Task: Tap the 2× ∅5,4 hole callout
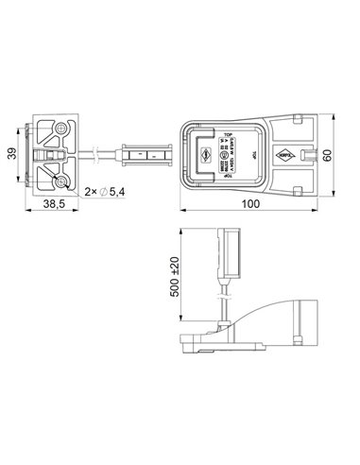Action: pyautogui.click(x=105, y=193)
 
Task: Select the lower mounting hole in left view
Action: pyautogui.click(x=61, y=177)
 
